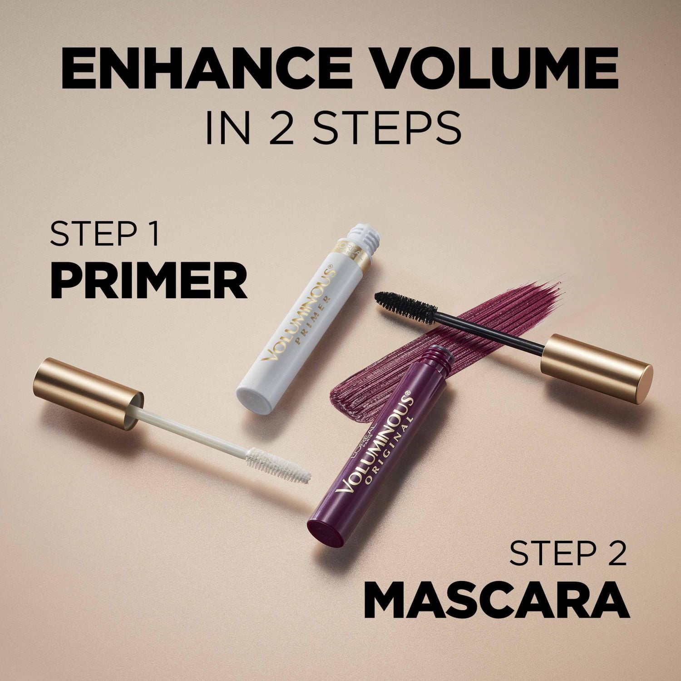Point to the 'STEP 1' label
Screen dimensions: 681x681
tap(105, 234)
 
